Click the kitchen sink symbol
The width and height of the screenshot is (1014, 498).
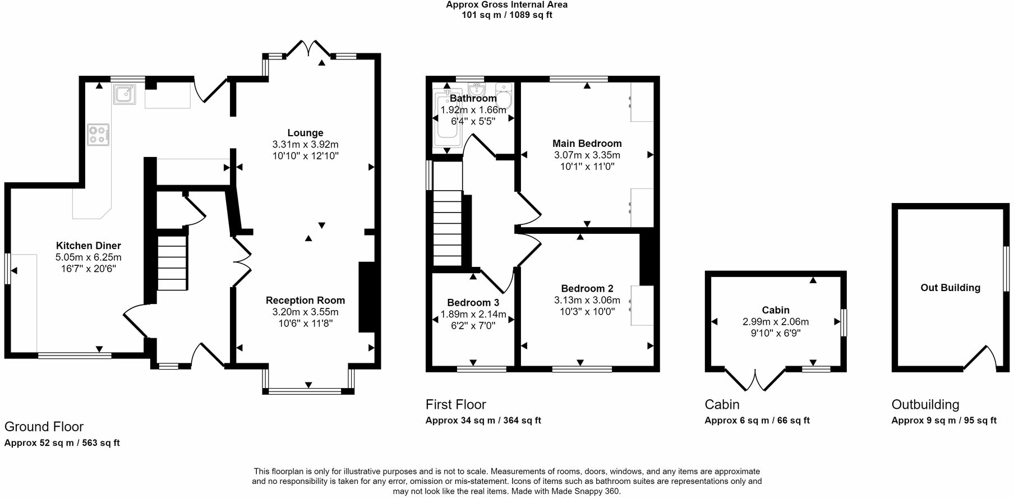pyautogui.click(x=124, y=94)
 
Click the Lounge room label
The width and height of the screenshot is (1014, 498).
pyautogui.click(x=305, y=133)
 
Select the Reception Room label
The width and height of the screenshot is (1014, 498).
pyautogui.click(x=305, y=301)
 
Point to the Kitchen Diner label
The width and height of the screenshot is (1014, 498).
pyautogui.click(x=89, y=246)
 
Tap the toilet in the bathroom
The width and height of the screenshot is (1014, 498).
pyautogui.click(x=504, y=96)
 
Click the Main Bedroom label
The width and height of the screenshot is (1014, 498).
pyautogui.click(x=587, y=144)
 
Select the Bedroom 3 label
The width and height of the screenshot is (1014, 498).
pyautogui.click(x=473, y=303)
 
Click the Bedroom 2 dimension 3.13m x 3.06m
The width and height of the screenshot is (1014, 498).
pyautogui.click(x=587, y=300)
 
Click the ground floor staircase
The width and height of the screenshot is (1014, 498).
pyautogui.click(x=171, y=262)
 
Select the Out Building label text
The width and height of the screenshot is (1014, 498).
pyautogui.click(x=950, y=288)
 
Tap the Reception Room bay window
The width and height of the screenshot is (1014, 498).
pyautogui.click(x=308, y=390)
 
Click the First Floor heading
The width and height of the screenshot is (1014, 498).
pyautogui.click(x=455, y=404)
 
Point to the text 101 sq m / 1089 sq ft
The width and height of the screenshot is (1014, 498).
pyautogui.click(x=506, y=15)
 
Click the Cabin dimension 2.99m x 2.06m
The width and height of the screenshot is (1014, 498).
pyautogui.click(x=776, y=322)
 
